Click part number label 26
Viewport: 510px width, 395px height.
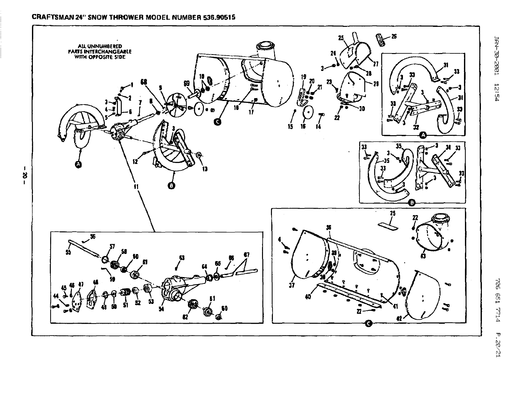click(394, 36)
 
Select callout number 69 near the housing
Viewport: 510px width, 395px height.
click(187, 83)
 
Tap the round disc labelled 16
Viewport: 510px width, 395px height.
click(309, 112)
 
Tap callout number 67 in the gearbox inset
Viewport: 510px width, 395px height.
click(246, 255)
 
